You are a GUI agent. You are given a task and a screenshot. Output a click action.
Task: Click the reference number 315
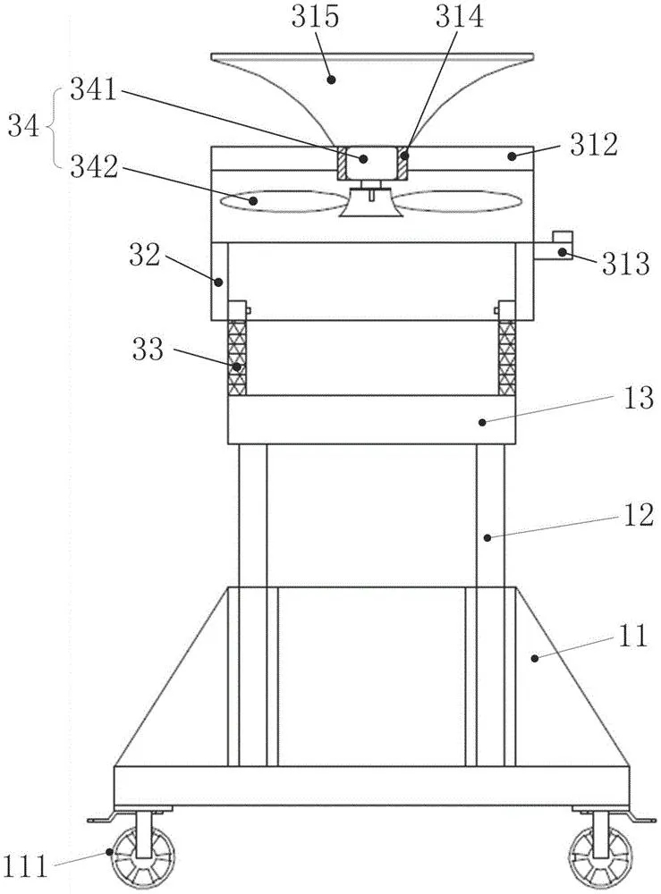[x=315, y=17]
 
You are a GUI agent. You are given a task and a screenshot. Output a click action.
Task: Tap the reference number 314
[x=460, y=17]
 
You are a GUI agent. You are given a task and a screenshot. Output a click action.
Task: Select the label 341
[x=94, y=90]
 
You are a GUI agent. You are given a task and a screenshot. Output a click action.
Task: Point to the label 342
[x=94, y=168]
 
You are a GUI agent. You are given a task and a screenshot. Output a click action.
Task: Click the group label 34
[x=23, y=126]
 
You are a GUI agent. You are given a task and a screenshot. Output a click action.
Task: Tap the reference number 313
[x=626, y=264]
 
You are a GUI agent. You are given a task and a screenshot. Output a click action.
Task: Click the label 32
[x=145, y=256]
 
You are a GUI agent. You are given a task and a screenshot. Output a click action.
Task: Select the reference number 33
[x=148, y=349]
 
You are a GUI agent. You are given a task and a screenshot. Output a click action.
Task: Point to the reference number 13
[x=638, y=398]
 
